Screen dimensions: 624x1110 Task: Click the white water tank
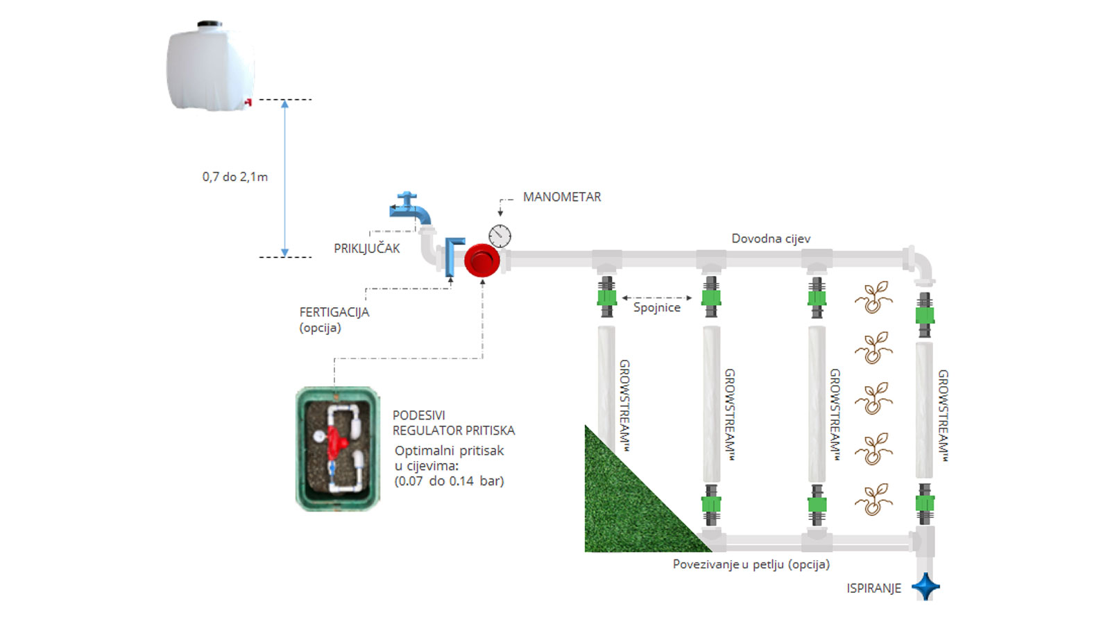point(210,67)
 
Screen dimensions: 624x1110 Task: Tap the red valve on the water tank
point(247,103)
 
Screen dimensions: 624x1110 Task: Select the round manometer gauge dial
point(499,236)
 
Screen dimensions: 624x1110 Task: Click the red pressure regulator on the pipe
point(481,261)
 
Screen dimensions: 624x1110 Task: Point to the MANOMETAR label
point(562,197)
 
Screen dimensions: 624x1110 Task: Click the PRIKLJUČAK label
point(366,248)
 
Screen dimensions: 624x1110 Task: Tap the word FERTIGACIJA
point(334,312)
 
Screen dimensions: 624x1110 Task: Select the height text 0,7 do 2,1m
point(234,177)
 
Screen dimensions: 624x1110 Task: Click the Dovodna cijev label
point(771,239)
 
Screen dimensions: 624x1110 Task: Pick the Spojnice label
point(656,307)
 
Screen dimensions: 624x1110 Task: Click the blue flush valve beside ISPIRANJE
point(925,587)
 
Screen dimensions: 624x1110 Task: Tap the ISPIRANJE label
point(873,588)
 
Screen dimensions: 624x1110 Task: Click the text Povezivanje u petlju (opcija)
point(751,564)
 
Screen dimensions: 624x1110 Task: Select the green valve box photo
point(338,449)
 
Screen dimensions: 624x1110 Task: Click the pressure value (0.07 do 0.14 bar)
point(449,481)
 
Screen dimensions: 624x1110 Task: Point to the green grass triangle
point(621,510)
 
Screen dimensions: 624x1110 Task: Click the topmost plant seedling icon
point(873,297)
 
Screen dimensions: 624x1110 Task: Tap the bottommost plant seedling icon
point(873,499)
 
